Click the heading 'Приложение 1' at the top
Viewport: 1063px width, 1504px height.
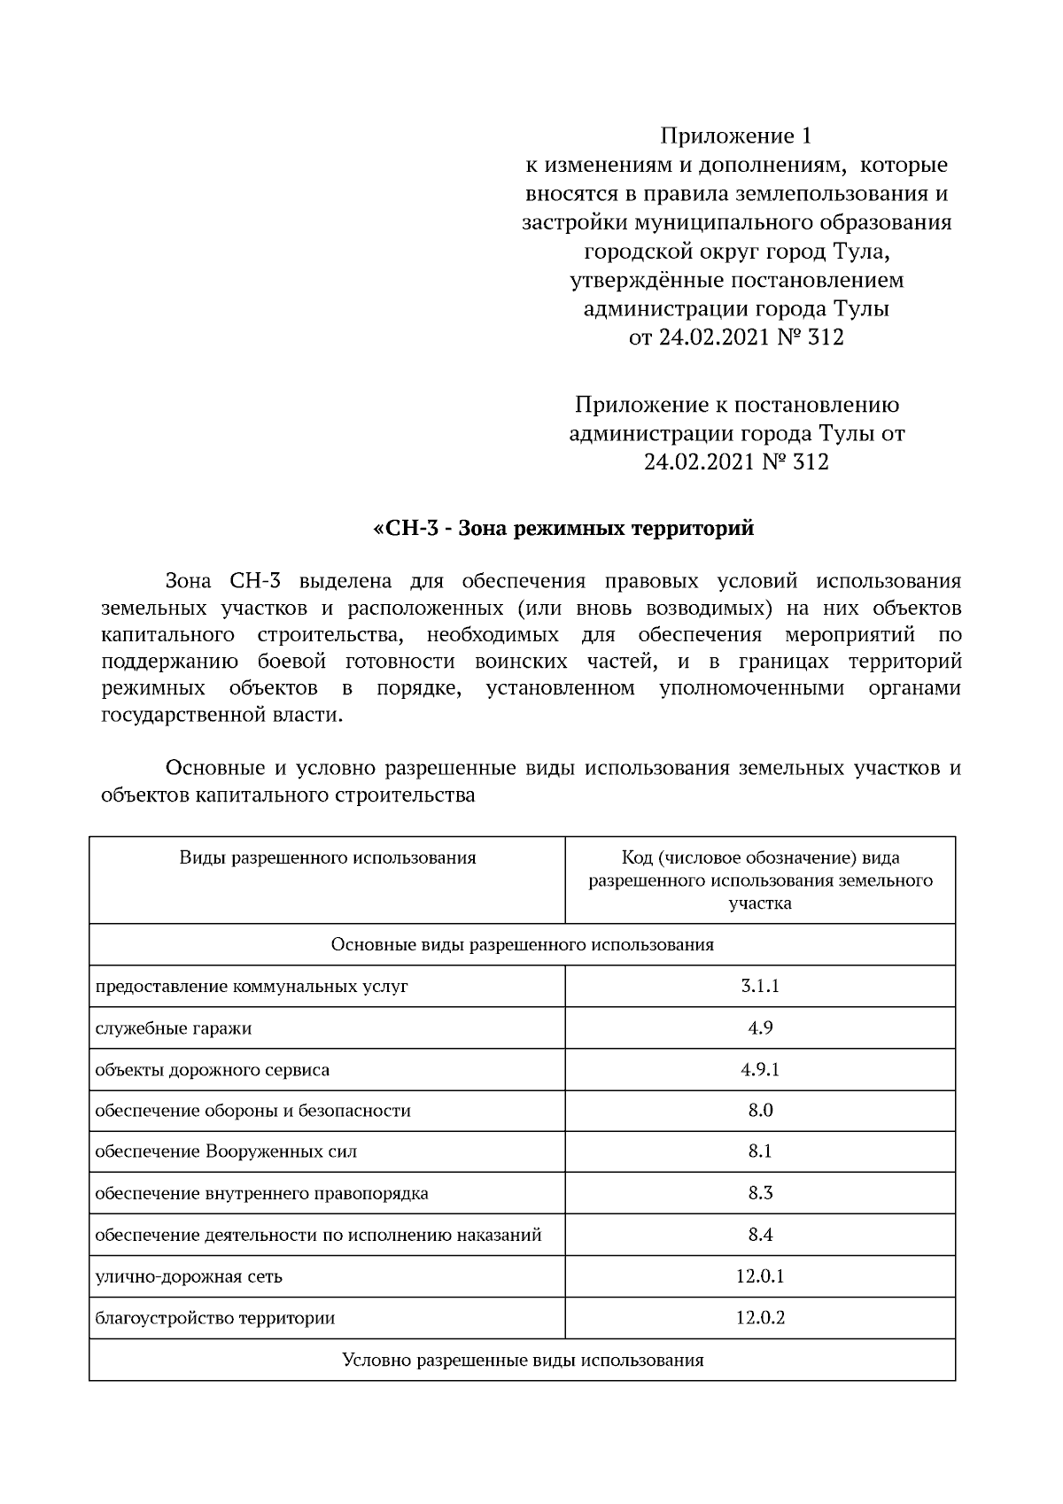[735, 136]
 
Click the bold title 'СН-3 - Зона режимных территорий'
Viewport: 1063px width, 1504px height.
[563, 529]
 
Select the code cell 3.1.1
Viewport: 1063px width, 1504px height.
[760, 986]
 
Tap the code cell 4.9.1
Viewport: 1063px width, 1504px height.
[760, 1069]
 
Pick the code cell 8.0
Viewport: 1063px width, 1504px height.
[760, 1110]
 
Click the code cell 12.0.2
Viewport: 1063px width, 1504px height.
[760, 1317]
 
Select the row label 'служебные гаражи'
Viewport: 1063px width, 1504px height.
[174, 1028]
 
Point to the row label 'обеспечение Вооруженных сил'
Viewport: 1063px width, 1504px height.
[226, 1151]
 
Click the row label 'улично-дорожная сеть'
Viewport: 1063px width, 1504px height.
[189, 1276]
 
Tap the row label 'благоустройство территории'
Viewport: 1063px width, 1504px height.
[215, 1318]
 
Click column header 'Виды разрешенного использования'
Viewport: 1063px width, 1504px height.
[328, 857]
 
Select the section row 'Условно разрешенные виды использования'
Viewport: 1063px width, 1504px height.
[523, 1360]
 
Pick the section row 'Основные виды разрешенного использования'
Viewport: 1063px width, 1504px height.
[523, 945]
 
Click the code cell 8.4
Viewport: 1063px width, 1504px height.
[760, 1235]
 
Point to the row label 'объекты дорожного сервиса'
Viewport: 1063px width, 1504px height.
[213, 1070]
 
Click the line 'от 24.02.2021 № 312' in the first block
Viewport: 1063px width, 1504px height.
[735, 337]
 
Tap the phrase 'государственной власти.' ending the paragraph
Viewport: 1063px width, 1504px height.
[221, 716]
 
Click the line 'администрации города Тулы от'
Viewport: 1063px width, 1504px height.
[736, 434]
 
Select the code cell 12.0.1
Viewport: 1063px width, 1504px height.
[760, 1276]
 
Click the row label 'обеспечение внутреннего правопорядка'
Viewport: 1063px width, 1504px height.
[261, 1194]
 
